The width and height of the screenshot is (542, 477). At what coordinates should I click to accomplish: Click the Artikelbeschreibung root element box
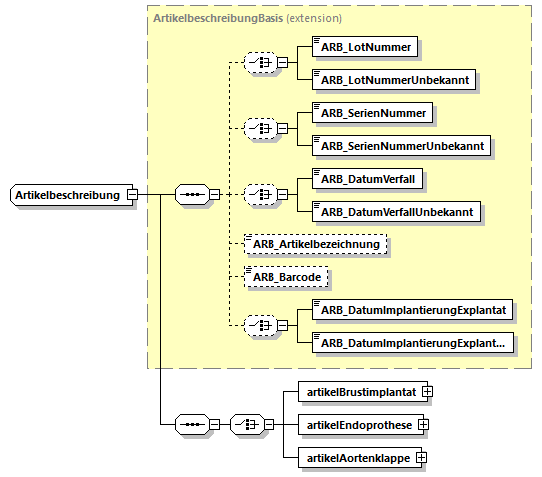tap(72, 195)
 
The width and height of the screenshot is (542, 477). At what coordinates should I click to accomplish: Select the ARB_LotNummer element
tap(365, 47)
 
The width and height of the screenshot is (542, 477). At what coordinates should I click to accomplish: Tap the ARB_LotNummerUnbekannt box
tap(394, 80)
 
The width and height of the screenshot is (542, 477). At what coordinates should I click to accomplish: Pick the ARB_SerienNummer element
tap(372, 113)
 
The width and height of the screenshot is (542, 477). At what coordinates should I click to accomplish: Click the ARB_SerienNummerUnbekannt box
tap(401, 145)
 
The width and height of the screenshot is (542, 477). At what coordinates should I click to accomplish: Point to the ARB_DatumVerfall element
tap(367, 179)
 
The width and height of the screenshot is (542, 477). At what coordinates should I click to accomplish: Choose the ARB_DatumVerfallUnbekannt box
tap(396, 212)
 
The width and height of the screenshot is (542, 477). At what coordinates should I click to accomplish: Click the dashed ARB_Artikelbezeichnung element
tap(315, 244)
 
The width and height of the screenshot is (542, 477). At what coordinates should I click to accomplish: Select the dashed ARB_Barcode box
tap(286, 277)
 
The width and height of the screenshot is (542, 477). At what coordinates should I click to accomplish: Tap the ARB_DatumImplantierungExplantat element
tap(412, 310)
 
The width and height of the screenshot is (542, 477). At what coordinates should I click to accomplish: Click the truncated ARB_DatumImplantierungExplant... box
tap(413, 343)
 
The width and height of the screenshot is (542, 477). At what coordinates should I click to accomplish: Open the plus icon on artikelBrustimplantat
tap(427, 391)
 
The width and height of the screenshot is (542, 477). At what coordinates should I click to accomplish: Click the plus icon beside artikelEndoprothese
tap(423, 424)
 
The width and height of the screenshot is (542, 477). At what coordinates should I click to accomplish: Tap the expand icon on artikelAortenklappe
tap(421, 458)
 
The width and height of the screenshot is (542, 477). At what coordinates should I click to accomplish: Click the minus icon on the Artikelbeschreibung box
tap(132, 194)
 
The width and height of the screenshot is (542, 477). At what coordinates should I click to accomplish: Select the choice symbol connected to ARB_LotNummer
tap(261, 63)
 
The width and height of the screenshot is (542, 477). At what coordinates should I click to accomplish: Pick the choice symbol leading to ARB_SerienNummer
tap(261, 129)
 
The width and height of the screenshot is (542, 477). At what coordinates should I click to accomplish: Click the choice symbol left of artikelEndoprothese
tap(247, 424)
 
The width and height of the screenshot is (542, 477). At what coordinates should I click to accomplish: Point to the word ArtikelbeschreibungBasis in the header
tap(219, 18)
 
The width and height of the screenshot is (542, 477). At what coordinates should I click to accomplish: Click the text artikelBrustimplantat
tap(362, 392)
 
